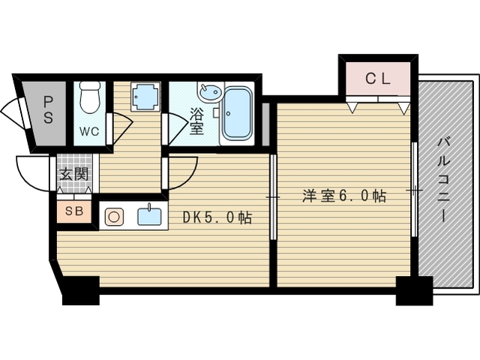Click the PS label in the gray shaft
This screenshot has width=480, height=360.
(48, 109)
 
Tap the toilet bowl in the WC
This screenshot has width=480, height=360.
(89, 97)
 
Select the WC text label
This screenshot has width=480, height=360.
(89, 131)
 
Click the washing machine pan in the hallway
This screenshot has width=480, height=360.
(145, 97)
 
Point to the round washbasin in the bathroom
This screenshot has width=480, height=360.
(210, 91)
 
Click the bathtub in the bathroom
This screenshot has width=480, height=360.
(236, 113)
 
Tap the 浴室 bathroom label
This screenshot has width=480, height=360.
(196, 121)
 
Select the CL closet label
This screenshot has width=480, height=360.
(378, 79)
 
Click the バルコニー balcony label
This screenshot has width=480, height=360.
(442, 180)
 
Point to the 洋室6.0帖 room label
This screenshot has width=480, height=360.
(344, 196)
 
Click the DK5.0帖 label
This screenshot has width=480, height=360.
(217, 217)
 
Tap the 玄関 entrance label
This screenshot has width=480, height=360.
(74, 174)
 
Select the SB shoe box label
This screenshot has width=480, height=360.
(75, 211)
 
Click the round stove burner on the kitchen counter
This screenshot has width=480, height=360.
(114, 217)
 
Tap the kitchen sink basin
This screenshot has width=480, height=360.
(149, 217)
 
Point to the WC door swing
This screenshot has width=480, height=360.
(121, 128)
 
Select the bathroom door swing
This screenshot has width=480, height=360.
(177, 128)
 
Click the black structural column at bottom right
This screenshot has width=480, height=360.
(414, 290)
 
